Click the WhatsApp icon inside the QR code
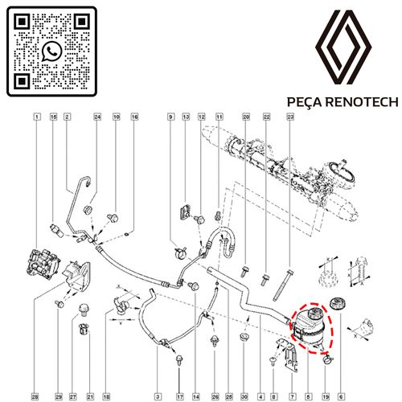[51, 51]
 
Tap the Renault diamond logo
[343, 47]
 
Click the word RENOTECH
[363, 102]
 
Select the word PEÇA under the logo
[306, 102]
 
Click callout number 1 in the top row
[37, 117]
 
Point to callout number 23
[290, 117]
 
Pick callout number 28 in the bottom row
[35, 396]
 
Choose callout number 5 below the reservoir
[308, 396]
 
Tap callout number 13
[186, 117]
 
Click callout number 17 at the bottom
[180, 396]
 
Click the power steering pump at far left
[43, 262]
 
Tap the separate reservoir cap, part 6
[337, 305]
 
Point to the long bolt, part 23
[283, 285]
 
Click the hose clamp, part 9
[180, 252]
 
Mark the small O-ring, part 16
[127, 235]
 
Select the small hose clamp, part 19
[327, 359]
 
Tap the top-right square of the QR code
[81, 22]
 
